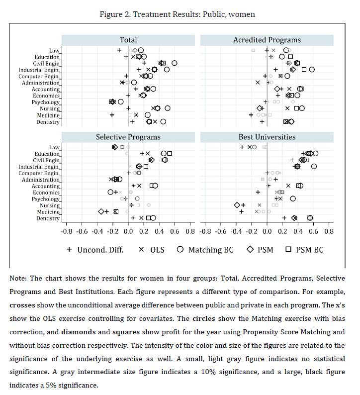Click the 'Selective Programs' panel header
tap(128, 137)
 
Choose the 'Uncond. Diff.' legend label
tap(100, 249)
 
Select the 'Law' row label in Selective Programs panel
tap(54, 147)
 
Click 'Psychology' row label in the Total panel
tap(46, 102)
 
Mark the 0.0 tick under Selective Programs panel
tap(128, 231)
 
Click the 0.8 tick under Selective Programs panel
tap(189, 231)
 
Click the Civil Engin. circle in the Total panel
tap(174, 63)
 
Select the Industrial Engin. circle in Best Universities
tap(314, 166)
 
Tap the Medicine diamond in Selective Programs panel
tap(101, 211)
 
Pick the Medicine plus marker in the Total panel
tap(112, 115)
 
